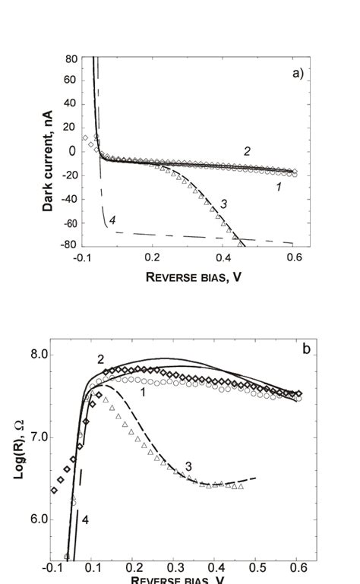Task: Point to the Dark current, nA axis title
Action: click(49, 153)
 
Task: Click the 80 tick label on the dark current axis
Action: click(71, 58)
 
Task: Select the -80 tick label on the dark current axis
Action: click(68, 245)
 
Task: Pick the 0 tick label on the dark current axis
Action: click(74, 151)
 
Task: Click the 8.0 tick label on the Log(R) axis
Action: click(60, 354)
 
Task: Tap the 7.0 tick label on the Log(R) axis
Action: click(60, 437)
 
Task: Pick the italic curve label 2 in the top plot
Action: click(247, 151)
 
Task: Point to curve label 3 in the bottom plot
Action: click(188, 465)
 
